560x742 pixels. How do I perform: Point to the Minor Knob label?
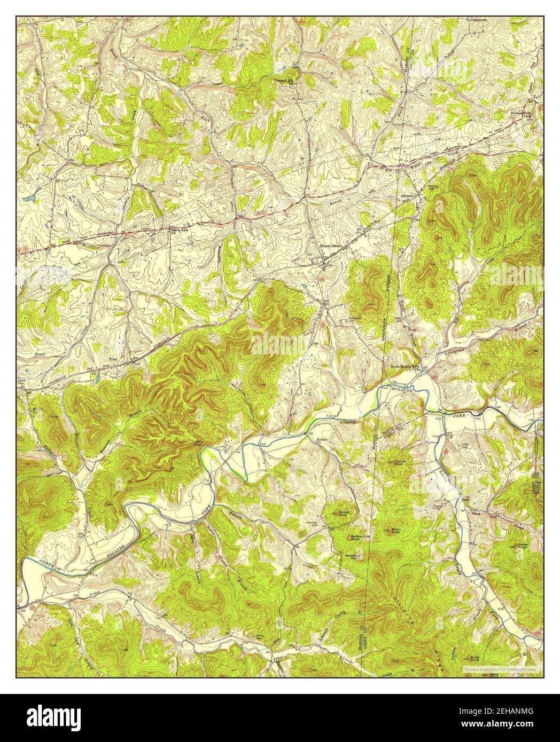396,531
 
